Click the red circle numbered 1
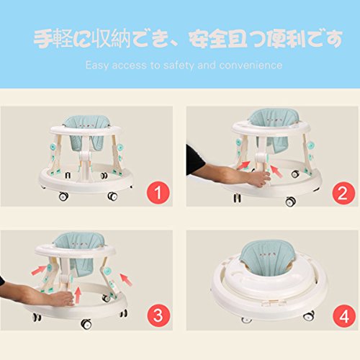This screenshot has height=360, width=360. pos(158,192)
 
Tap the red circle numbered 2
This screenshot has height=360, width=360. pos(343,193)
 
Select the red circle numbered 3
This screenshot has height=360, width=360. pos(158,315)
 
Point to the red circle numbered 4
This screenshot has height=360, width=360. pos(344,316)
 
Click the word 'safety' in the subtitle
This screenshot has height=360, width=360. pos(179,66)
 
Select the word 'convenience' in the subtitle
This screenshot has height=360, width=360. pos(251,66)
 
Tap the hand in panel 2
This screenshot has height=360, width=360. pos(259,179)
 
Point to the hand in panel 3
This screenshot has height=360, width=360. pos(62,298)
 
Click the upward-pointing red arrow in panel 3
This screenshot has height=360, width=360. pos(78,295)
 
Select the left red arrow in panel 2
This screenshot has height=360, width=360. pos(243,166)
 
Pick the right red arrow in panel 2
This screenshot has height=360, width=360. pos(276,171)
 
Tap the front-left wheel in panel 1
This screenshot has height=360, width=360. pos(63,197)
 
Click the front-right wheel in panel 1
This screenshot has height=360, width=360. pos(112,196)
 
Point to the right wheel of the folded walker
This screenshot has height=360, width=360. pos(309,316)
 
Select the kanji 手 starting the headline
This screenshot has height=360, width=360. pos(42,38)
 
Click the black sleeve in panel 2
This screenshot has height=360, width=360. pos(194,160)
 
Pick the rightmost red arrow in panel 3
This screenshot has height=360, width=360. pos(126,279)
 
